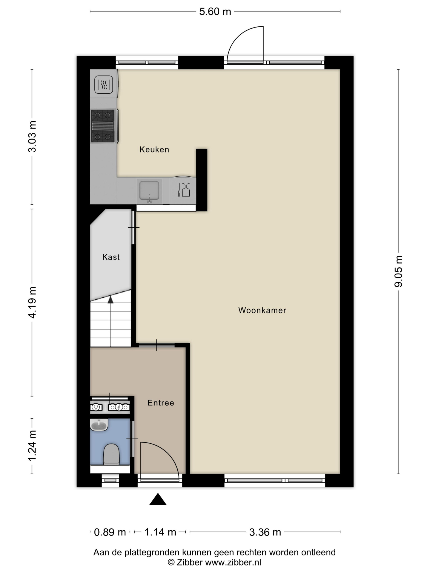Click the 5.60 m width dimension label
[x=215, y=12]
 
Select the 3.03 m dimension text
[x=32, y=136]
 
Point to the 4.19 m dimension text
[x=32, y=303]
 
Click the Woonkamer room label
[x=262, y=310]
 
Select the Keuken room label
[x=154, y=150]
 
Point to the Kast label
[x=111, y=257]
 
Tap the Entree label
[x=161, y=403]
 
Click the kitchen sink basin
[x=149, y=190]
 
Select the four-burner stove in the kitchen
[x=103, y=126]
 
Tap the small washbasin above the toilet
[x=99, y=425]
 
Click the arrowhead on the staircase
[x=111, y=300]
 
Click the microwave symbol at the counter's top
[x=104, y=84]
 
